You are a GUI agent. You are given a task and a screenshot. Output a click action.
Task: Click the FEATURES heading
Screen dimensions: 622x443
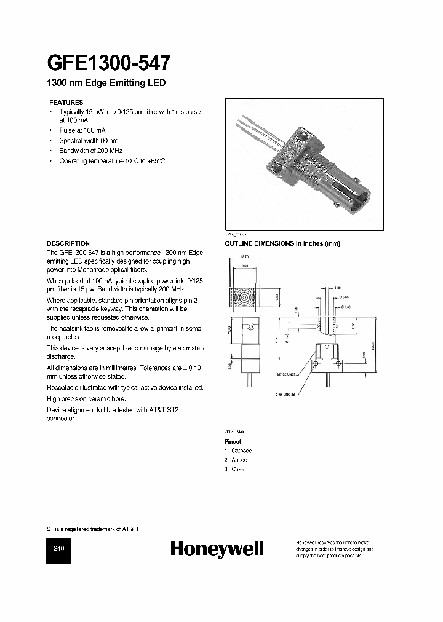coord(66,103)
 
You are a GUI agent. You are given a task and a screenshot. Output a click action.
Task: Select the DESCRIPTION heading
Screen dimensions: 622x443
coord(68,243)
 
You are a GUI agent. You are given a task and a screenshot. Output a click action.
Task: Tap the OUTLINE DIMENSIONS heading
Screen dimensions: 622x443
coord(281,243)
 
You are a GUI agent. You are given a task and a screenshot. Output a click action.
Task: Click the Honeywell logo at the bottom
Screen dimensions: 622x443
coord(217,549)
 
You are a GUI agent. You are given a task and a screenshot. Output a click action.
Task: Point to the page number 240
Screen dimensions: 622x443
coord(59,549)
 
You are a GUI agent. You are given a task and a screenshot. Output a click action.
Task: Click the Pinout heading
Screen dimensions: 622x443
coord(233,442)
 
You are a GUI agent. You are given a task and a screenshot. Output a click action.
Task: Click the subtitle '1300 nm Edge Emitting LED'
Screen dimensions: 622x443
coord(106,83)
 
